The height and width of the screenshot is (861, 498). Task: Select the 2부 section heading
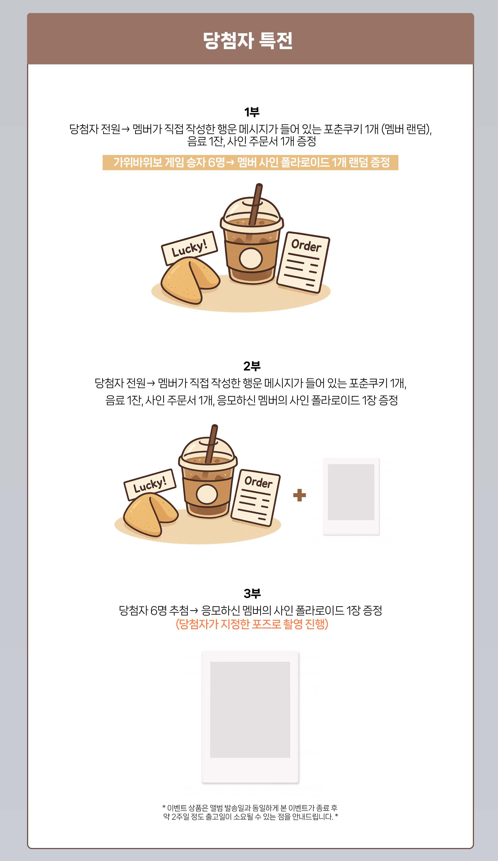[x=252, y=366]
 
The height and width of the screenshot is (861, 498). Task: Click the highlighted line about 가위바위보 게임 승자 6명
[x=251, y=162]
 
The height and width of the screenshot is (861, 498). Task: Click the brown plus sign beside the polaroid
[x=299, y=495]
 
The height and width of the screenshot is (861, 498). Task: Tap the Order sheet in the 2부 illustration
[x=256, y=498]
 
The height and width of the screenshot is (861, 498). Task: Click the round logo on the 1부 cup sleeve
[x=251, y=259]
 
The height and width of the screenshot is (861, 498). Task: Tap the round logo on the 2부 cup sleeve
[x=207, y=494]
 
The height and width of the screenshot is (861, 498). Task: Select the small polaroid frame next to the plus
[x=351, y=496]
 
